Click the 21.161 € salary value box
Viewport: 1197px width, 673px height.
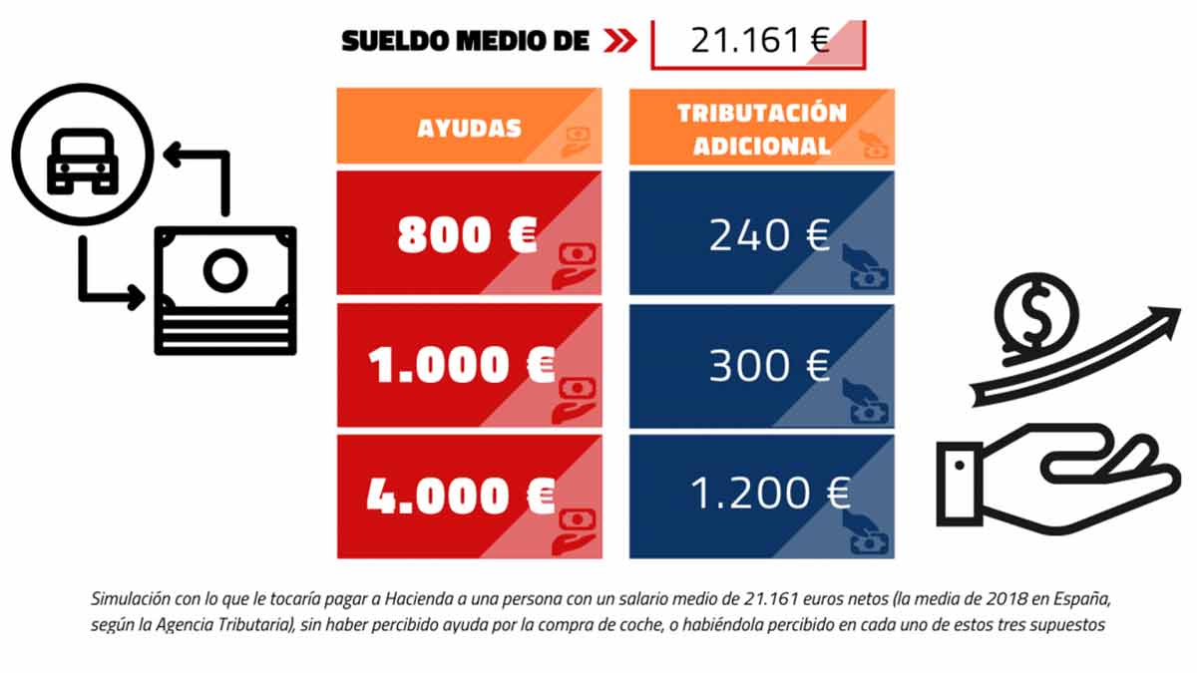pyautogui.click(x=758, y=41)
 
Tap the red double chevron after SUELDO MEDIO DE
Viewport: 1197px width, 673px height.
pyautogui.click(x=618, y=41)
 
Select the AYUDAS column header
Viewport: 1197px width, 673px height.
pyautogui.click(x=469, y=127)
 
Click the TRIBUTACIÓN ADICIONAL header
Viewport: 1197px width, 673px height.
pyautogui.click(x=762, y=127)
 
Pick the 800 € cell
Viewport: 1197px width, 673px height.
pyautogui.click(x=469, y=234)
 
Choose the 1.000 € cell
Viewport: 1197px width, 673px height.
pyautogui.click(x=469, y=366)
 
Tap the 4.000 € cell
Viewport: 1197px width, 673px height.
pyautogui.click(x=469, y=496)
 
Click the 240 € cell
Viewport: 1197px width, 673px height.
pyautogui.click(x=762, y=234)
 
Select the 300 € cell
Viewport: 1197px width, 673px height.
pyautogui.click(x=762, y=366)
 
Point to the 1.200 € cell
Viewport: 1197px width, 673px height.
pyautogui.click(x=762, y=496)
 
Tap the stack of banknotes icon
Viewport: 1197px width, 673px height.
pyautogui.click(x=225, y=289)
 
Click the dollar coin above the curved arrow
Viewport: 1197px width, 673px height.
pyautogui.click(x=1036, y=313)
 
